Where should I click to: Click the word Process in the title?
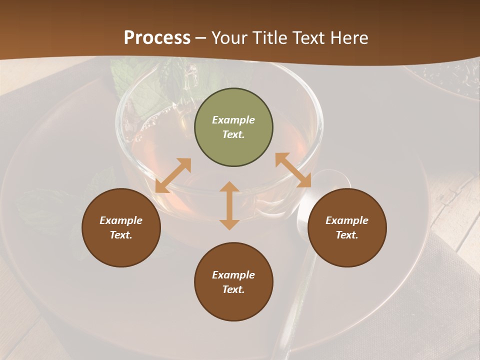tap(157, 38)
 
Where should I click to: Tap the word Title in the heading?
tap(271, 38)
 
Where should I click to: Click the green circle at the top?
tap(233, 127)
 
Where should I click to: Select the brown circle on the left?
tap(121, 228)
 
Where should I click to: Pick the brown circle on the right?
tap(347, 228)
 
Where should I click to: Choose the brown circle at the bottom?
tap(233, 282)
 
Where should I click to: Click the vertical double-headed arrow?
tap(229, 205)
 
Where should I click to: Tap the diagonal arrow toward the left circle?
tap(173, 175)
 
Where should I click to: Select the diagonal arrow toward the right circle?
tap(293, 170)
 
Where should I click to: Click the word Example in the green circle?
tap(233, 120)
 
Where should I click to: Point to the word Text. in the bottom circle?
tap(233, 289)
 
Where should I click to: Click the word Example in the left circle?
tap(121, 220)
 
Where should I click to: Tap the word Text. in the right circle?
tap(347, 235)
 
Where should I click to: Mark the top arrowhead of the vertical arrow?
tap(229, 186)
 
